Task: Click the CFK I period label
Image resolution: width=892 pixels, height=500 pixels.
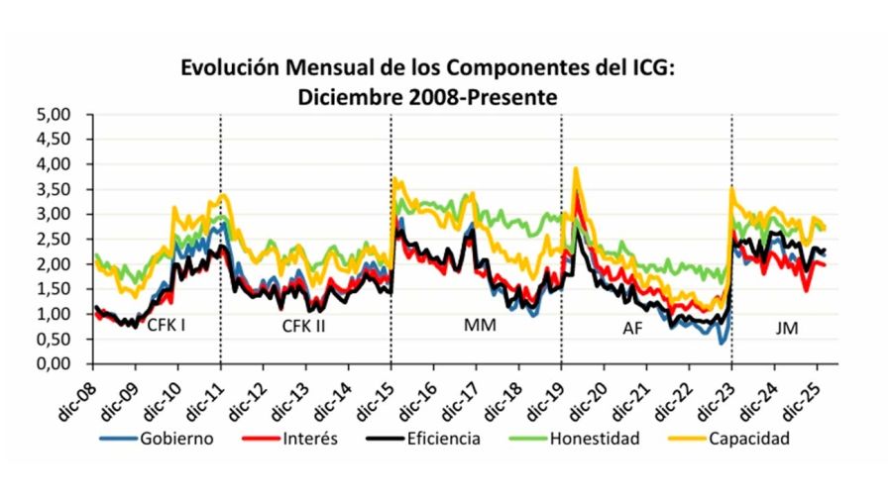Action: point(167,324)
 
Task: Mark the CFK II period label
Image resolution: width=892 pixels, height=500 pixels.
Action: point(303,324)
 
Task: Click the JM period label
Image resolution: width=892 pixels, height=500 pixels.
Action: point(787,324)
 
